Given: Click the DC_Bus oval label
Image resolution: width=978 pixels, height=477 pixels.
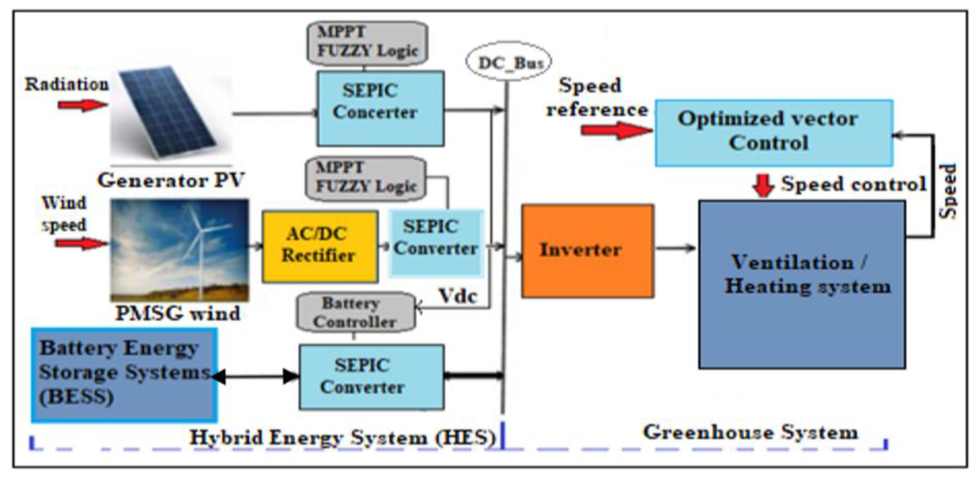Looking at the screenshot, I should [x=509, y=62].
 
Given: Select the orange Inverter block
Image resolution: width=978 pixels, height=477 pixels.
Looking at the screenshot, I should [x=587, y=251].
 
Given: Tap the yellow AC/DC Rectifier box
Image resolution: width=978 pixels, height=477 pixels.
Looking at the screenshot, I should [x=320, y=246].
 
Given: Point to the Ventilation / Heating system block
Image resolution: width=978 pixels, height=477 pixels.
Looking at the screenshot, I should [x=802, y=284].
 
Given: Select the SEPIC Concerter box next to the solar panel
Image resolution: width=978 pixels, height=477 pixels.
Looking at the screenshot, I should [x=380, y=108].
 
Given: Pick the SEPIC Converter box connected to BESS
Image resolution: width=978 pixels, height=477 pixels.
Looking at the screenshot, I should [x=371, y=377].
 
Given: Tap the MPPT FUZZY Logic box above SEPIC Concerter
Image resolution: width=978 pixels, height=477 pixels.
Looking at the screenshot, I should [x=367, y=42].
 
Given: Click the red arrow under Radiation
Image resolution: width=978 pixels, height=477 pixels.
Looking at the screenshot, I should [x=82, y=105].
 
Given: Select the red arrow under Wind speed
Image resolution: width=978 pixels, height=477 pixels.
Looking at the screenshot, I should [x=81, y=243].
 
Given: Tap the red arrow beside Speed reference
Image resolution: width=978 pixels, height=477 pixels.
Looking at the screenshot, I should [x=616, y=130].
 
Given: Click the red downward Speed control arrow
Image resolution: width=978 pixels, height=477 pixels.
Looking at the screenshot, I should [x=763, y=185].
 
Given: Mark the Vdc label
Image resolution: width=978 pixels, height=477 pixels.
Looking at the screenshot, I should [x=458, y=296].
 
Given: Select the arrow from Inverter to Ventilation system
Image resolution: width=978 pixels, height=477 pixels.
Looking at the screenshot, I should [x=676, y=248].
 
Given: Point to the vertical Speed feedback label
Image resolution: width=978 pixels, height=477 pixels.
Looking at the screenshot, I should [x=948, y=191].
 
